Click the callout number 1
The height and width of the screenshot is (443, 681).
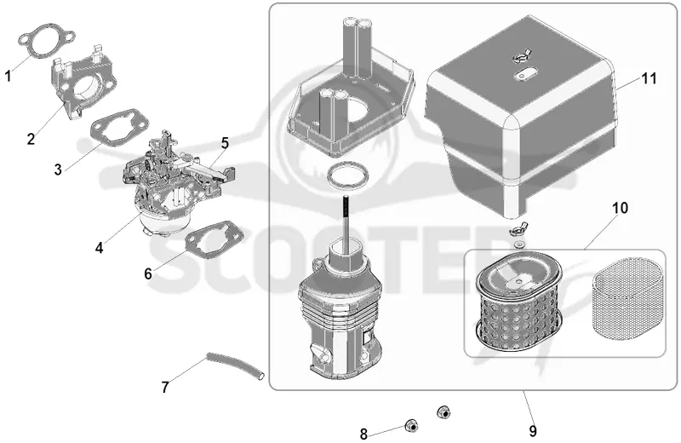point(8,76)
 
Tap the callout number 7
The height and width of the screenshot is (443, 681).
point(165,387)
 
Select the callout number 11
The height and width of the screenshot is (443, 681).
point(650,78)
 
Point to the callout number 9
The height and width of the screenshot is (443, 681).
point(533,431)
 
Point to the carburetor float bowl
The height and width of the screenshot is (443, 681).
point(165,224)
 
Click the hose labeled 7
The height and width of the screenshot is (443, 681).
point(236,366)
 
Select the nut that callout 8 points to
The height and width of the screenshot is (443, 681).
point(410,426)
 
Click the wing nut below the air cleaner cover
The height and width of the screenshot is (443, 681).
point(517,230)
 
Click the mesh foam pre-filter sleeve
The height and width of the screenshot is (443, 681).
point(628,298)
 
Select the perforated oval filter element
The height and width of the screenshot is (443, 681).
point(518,304)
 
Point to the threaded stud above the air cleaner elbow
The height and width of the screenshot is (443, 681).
point(347,224)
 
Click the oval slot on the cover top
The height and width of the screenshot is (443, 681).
point(523,74)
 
